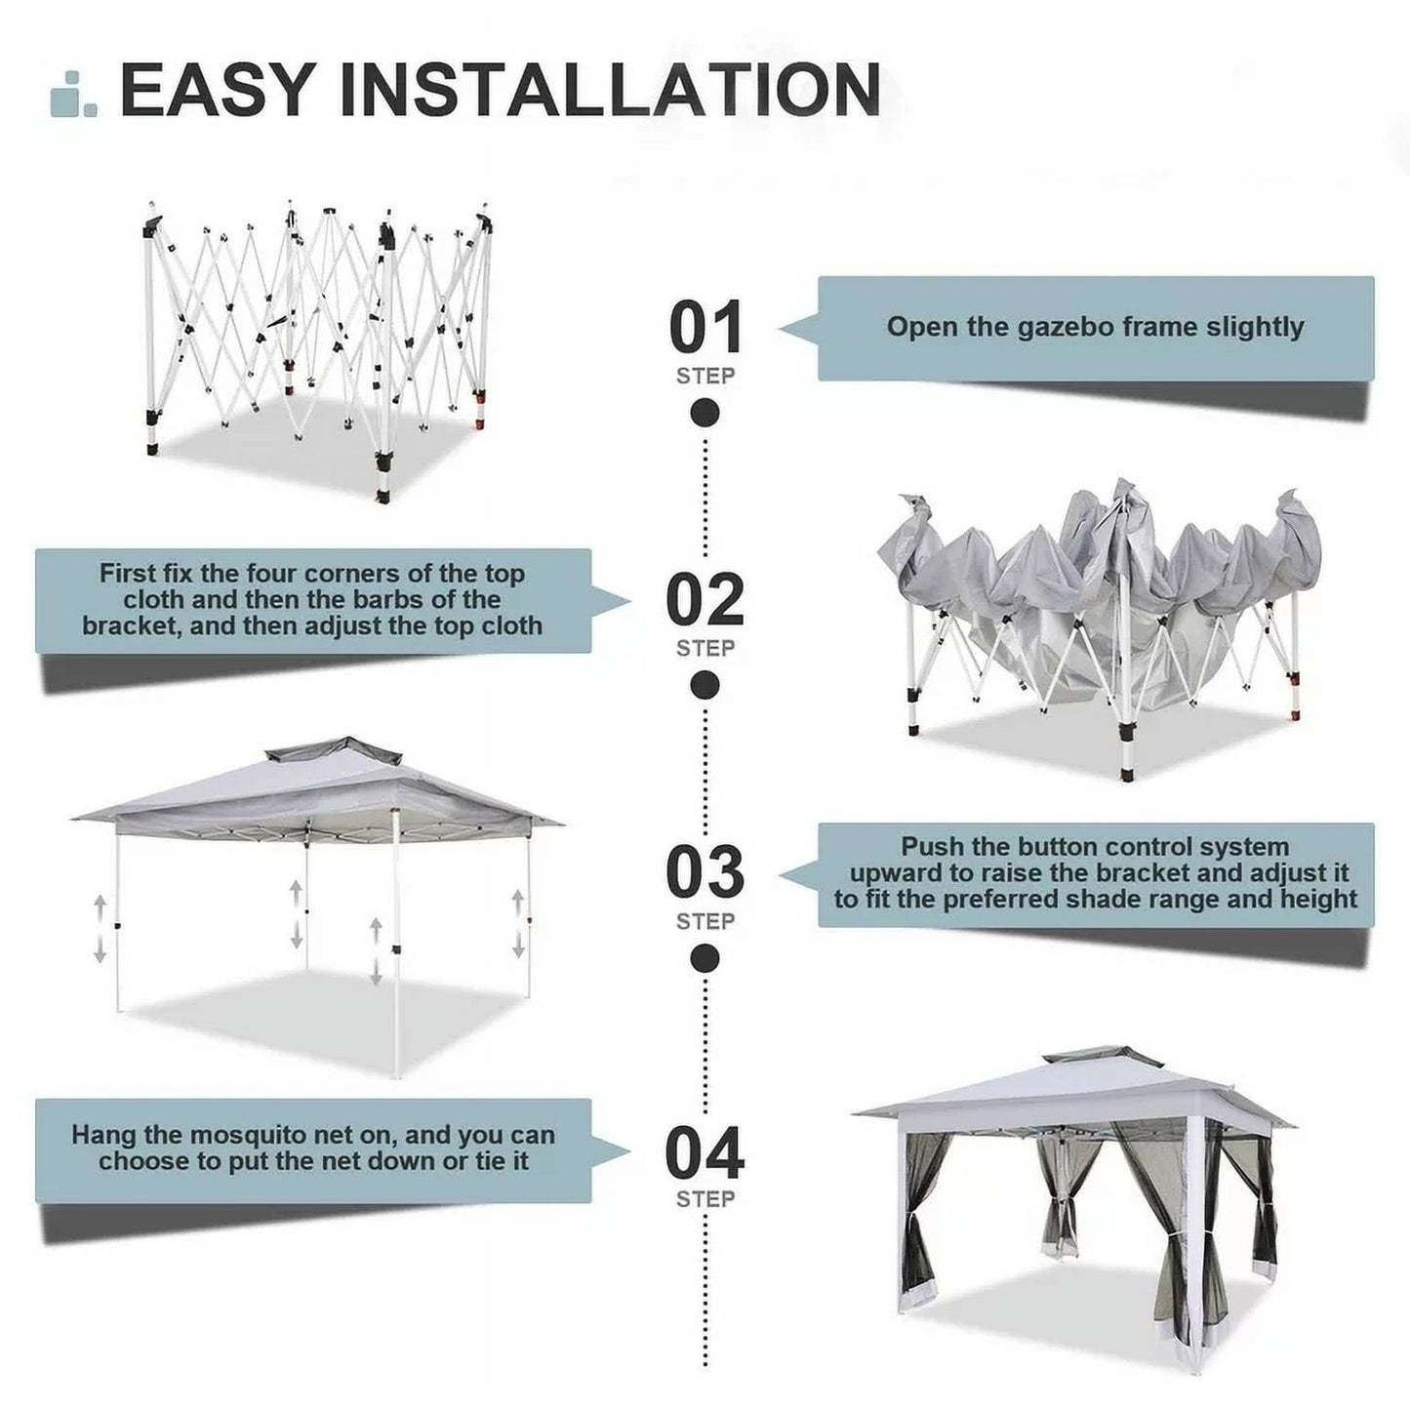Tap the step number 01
705,328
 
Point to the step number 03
705,872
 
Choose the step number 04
705,1152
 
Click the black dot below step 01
705,413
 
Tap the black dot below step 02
705,686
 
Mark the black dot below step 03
705,959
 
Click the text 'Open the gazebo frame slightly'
1095,327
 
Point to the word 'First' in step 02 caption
128,574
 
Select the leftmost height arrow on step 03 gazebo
100,930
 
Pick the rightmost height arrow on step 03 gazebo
518,923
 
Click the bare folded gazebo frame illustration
314,342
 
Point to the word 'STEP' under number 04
705,1198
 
